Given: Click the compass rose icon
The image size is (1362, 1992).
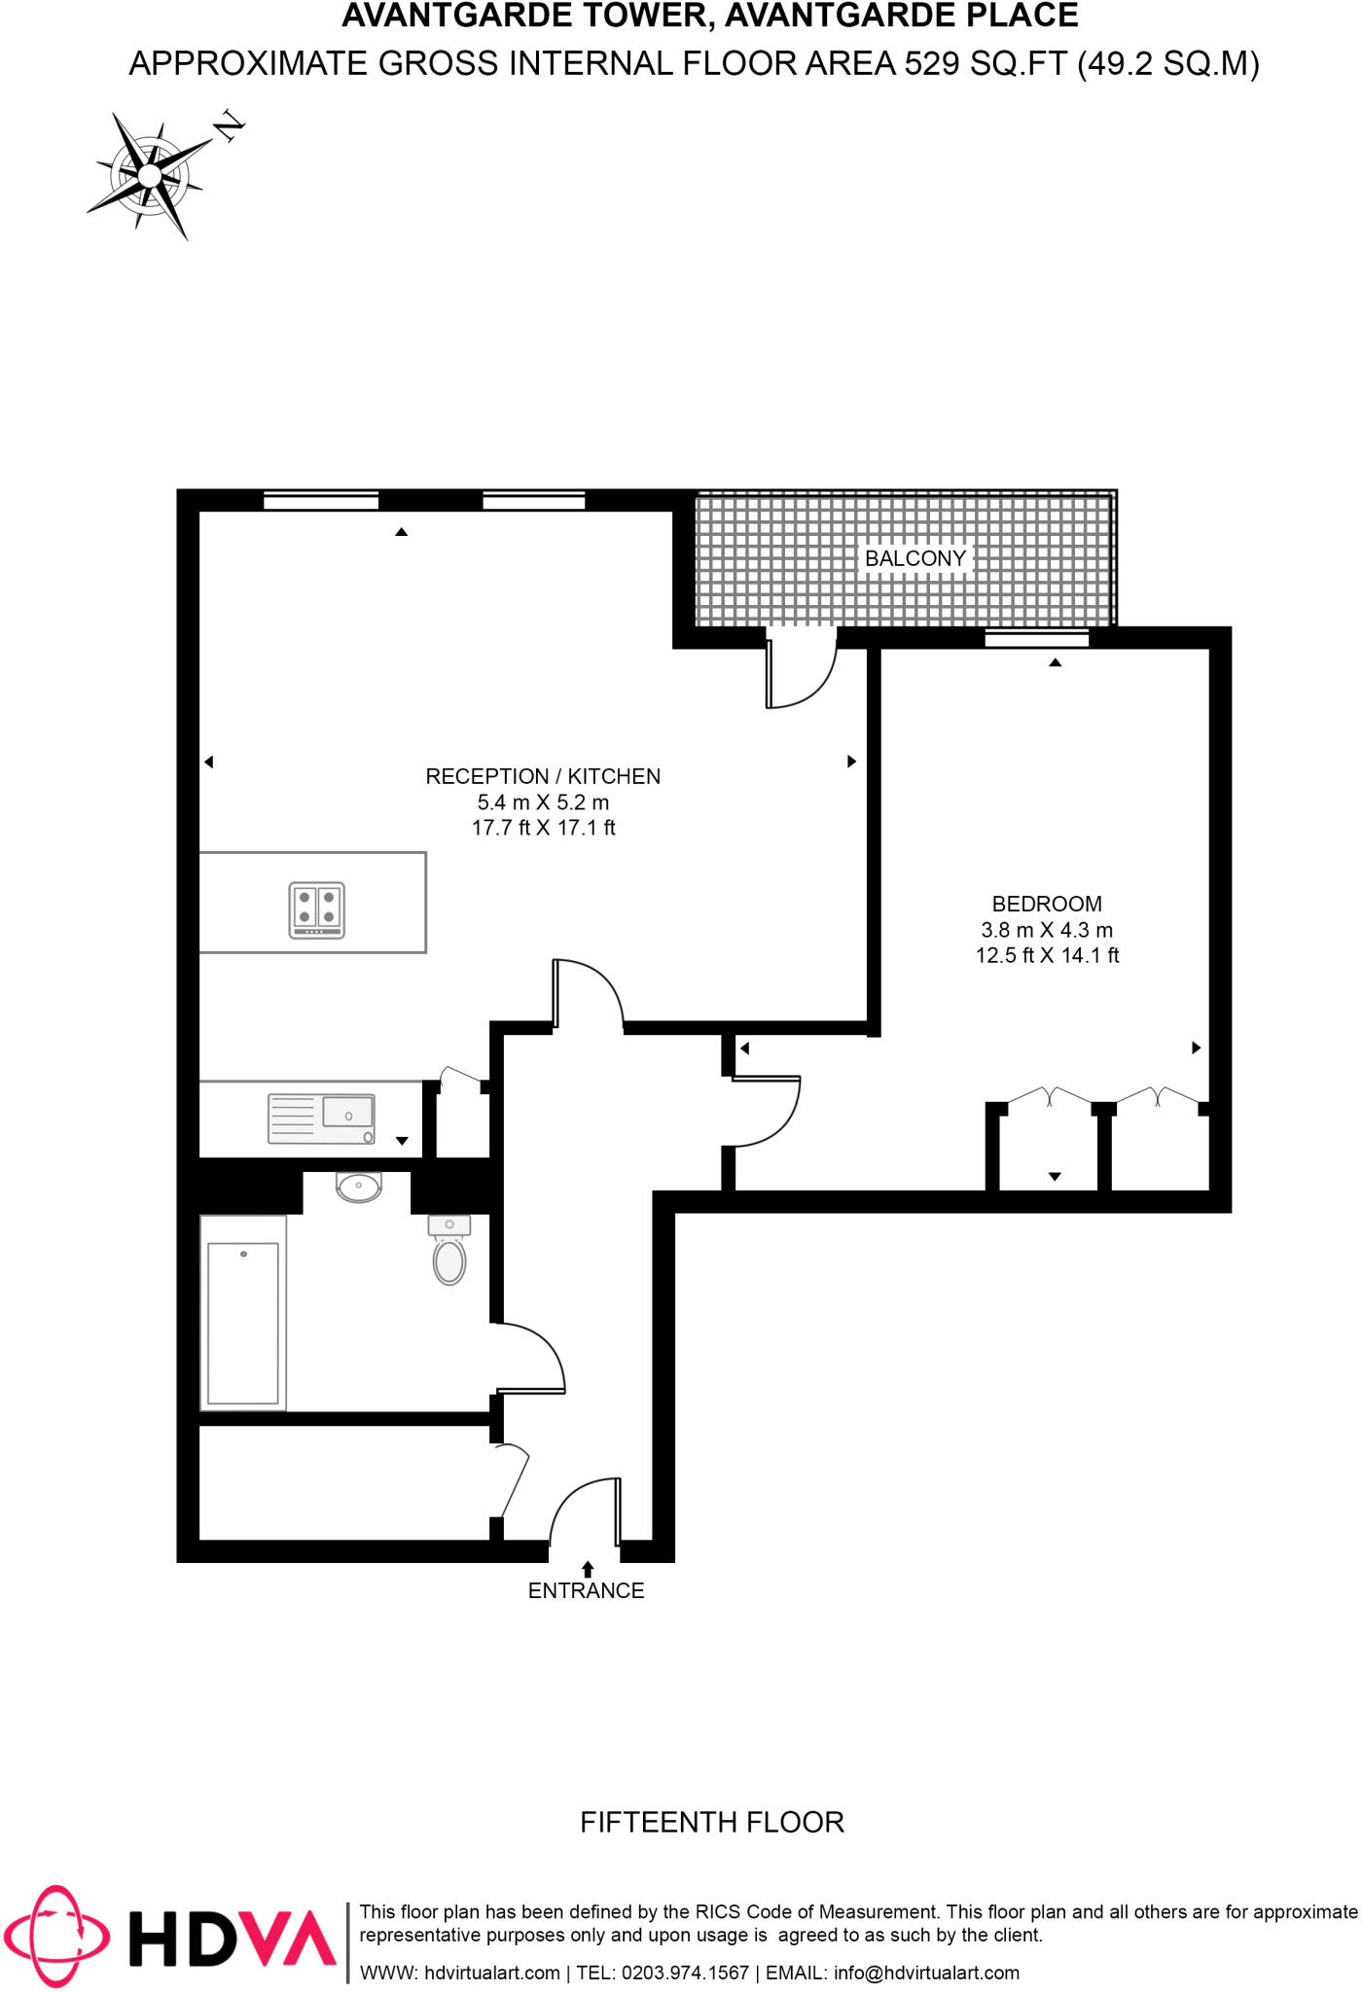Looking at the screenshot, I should click(150, 175).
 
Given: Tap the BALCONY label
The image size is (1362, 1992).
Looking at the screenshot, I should click(914, 558).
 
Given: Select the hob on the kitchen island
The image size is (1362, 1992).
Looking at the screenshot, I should click(317, 909).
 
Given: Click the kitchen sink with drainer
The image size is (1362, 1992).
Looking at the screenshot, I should click(321, 1119).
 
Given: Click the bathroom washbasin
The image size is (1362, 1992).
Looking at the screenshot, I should click(359, 1186).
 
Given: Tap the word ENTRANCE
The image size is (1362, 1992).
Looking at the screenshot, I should click(586, 1590).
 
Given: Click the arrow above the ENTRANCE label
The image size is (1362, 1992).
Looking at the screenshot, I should click(588, 1569).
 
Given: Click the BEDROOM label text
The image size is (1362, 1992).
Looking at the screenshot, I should click(1047, 904).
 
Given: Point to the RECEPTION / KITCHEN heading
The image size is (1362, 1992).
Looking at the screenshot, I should click(543, 776).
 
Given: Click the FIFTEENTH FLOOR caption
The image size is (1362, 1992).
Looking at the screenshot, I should click(712, 1822).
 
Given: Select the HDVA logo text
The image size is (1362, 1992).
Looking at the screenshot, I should click(233, 1938).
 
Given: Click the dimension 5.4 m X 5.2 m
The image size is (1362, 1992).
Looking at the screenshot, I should click(543, 802).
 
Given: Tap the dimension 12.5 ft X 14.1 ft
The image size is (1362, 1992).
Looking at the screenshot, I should click(1047, 955).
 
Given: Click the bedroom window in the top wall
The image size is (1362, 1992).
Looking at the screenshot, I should click(1036, 639).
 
